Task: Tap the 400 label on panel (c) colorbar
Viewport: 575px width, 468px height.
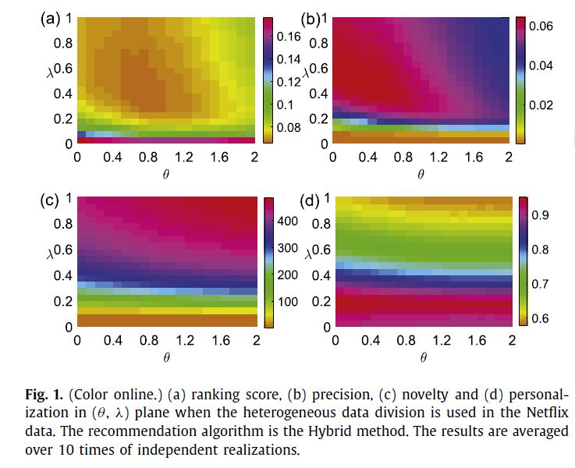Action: pos(289,222)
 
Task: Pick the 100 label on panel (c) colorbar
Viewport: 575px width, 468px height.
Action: pos(289,302)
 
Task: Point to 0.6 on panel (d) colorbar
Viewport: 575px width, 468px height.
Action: pos(541,317)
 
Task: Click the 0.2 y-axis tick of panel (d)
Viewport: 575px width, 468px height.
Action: pos(321,301)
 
